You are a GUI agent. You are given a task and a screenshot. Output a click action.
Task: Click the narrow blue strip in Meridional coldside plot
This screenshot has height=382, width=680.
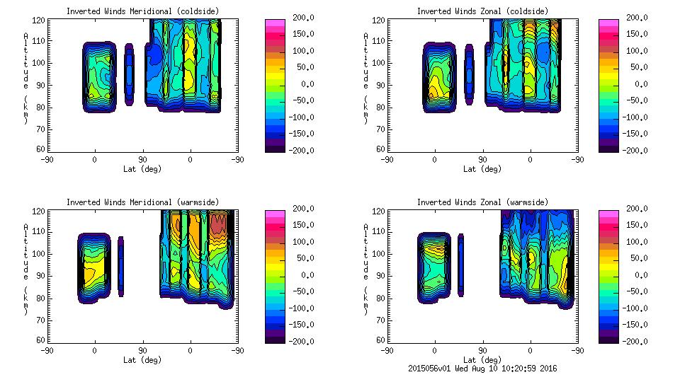coord(129,74)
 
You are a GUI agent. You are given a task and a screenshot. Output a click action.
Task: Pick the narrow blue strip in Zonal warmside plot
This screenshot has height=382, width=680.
coord(460,265)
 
